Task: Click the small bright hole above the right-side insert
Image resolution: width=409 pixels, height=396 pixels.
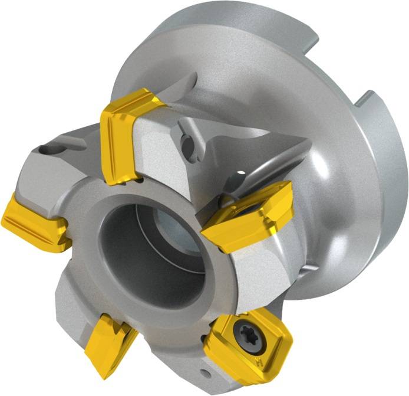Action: (241, 173)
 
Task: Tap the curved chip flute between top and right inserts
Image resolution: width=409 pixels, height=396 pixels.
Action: (248, 156)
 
